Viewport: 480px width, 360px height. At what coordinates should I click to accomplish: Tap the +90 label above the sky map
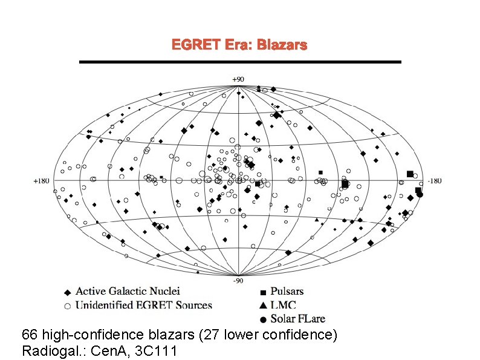click(239, 79)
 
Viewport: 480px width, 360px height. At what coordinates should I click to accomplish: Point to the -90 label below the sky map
click(239, 280)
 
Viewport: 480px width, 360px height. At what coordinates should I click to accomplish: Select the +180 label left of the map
click(41, 180)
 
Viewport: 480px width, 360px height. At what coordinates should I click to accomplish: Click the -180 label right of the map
click(435, 180)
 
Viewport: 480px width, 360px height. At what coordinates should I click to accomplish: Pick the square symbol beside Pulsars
click(263, 293)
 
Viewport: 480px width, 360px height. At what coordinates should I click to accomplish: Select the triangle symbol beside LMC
click(263, 306)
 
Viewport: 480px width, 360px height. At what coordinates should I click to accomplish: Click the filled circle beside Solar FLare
click(263, 319)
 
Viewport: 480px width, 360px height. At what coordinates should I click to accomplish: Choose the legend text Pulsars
click(287, 292)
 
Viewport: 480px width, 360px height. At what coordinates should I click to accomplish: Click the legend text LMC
click(284, 306)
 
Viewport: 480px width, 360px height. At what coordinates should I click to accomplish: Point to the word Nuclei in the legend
click(166, 292)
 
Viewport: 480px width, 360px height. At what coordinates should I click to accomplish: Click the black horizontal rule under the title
click(241, 62)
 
